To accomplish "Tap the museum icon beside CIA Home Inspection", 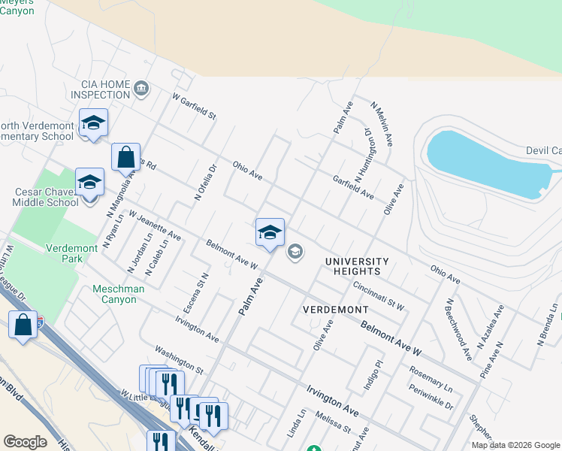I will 140,89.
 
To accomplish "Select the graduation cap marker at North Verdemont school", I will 93,123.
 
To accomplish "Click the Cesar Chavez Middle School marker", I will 89,183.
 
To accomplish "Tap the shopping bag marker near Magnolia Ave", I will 125,158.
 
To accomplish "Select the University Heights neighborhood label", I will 358,265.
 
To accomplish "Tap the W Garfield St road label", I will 194,107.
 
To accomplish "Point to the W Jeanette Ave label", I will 155,225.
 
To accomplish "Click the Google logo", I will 25,442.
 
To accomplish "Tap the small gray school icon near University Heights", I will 295,251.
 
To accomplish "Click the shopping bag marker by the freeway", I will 23,325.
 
